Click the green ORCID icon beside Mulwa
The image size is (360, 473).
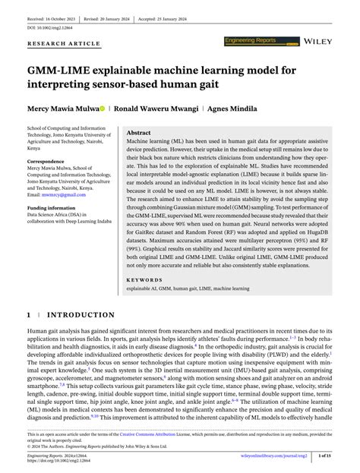(114, 109)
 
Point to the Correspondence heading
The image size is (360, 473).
(50, 162)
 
